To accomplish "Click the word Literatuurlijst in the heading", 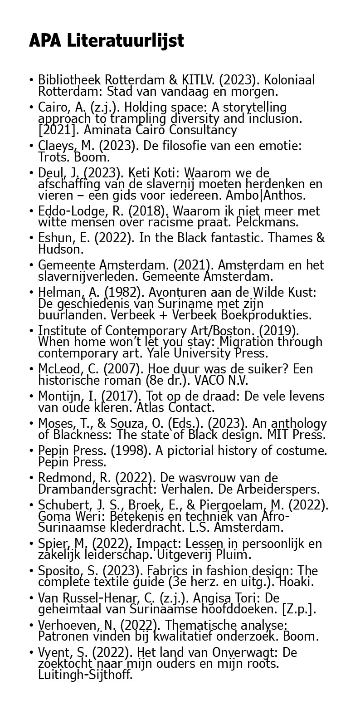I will click(126, 41).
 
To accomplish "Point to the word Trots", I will click(53, 157).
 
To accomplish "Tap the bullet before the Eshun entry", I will click(31, 238).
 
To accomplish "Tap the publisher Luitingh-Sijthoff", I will click(85, 675).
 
